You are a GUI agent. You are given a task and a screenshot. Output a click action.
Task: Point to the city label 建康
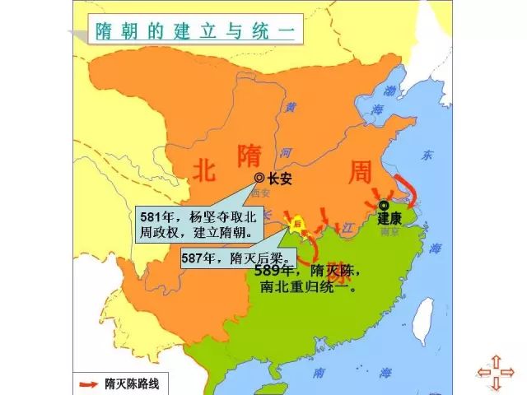click(x=389, y=219)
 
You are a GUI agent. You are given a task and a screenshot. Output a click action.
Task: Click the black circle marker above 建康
click(x=384, y=205)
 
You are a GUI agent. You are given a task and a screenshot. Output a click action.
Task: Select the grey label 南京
click(x=389, y=232)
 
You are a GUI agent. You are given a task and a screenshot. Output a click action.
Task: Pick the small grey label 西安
click(x=261, y=192)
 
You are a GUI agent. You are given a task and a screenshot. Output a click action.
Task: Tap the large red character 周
click(x=360, y=172)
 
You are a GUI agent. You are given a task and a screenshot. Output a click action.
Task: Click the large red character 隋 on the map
click(x=250, y=154)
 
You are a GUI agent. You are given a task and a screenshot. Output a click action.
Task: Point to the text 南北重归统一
click(x=307, y=288)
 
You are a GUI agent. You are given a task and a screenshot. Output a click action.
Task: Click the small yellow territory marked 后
click(x=296, y=222)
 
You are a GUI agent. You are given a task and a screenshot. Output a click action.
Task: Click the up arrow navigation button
click(x=497, y=360)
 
